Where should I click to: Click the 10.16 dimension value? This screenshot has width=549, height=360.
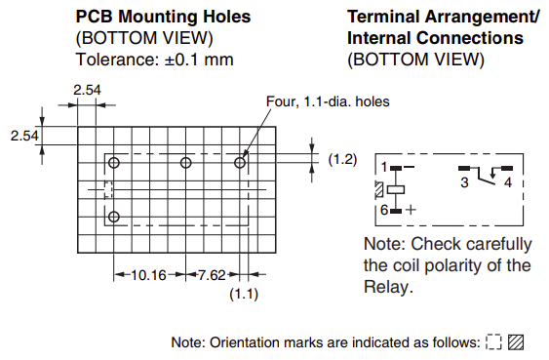click(148, 275)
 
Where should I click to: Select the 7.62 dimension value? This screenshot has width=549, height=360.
click(213, 275)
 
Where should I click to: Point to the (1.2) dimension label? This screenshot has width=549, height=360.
click(342, 159)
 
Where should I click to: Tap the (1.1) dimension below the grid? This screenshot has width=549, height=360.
click(244, 294)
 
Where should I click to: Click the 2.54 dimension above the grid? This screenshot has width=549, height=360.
click(87, 90)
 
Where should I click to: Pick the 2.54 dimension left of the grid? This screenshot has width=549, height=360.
click(24, 136)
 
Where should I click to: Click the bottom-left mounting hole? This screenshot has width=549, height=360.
click(114, 217)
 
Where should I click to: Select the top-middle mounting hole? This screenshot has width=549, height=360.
click(185, 163)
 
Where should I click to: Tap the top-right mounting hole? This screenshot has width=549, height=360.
click(240, 163)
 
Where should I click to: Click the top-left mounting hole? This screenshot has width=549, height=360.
click(114, 163)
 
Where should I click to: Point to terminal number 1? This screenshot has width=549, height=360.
click(384, 167)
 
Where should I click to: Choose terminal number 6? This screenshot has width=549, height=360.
click(384, 210)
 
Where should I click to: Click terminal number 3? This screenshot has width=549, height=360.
click(464, 182)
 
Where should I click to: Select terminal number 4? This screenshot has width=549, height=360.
click(508, 182)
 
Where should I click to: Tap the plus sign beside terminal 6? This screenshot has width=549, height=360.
click(412, 210)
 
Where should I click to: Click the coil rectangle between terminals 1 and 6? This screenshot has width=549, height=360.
click(396, 189)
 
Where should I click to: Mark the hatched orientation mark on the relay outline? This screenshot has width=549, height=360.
click(378, 189)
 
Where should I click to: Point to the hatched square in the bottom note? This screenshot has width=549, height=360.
click(516, 342)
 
